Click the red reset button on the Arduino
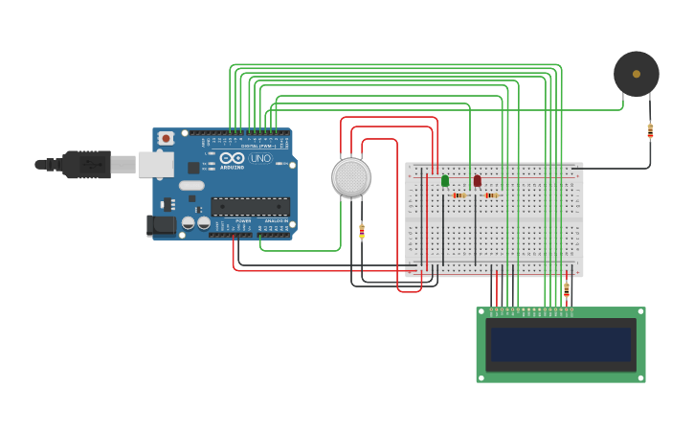(166, 138)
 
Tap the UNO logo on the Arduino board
(260, 158)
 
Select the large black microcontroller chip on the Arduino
(250, 206)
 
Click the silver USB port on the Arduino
(155, 165)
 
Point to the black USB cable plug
(86, 165)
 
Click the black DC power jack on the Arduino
(162, 225)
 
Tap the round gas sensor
(351, 177)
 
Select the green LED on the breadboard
(445, 180)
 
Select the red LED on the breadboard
(477, 180)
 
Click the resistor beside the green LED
(459, 195)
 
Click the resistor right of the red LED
(490, 195)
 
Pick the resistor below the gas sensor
(361, 230)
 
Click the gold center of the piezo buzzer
(636, 74)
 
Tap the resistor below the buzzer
(650, 129)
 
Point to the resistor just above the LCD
(566, 288)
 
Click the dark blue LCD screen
(561, 345)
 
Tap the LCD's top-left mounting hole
(481, 312)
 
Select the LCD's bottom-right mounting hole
(640, 377)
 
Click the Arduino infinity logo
(232, 158)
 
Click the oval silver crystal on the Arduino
(191, 185)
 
